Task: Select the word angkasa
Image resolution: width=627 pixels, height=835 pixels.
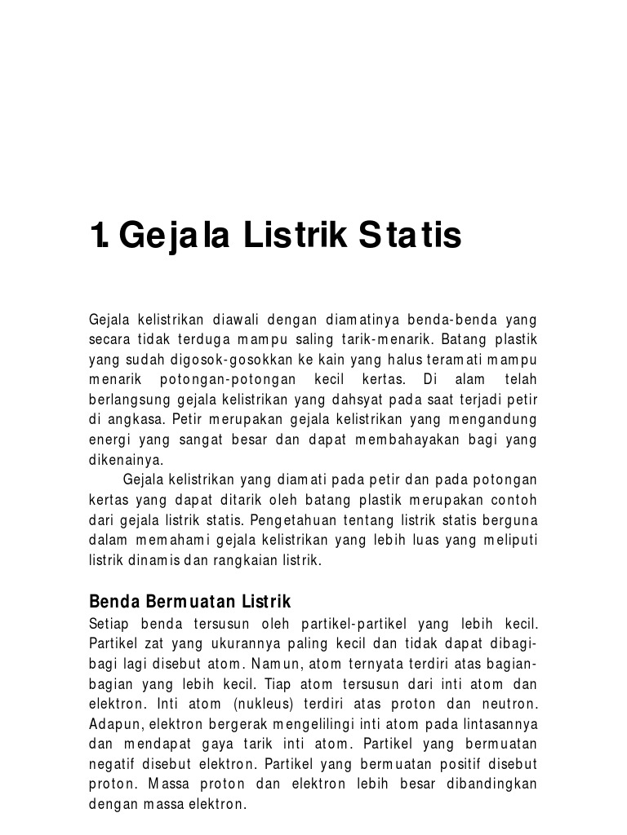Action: click(x=132, y=420)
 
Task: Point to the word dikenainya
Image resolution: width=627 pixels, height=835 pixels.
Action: click(x=125, y=460)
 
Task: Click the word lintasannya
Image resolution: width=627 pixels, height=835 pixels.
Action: click(x=499, y=723)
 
